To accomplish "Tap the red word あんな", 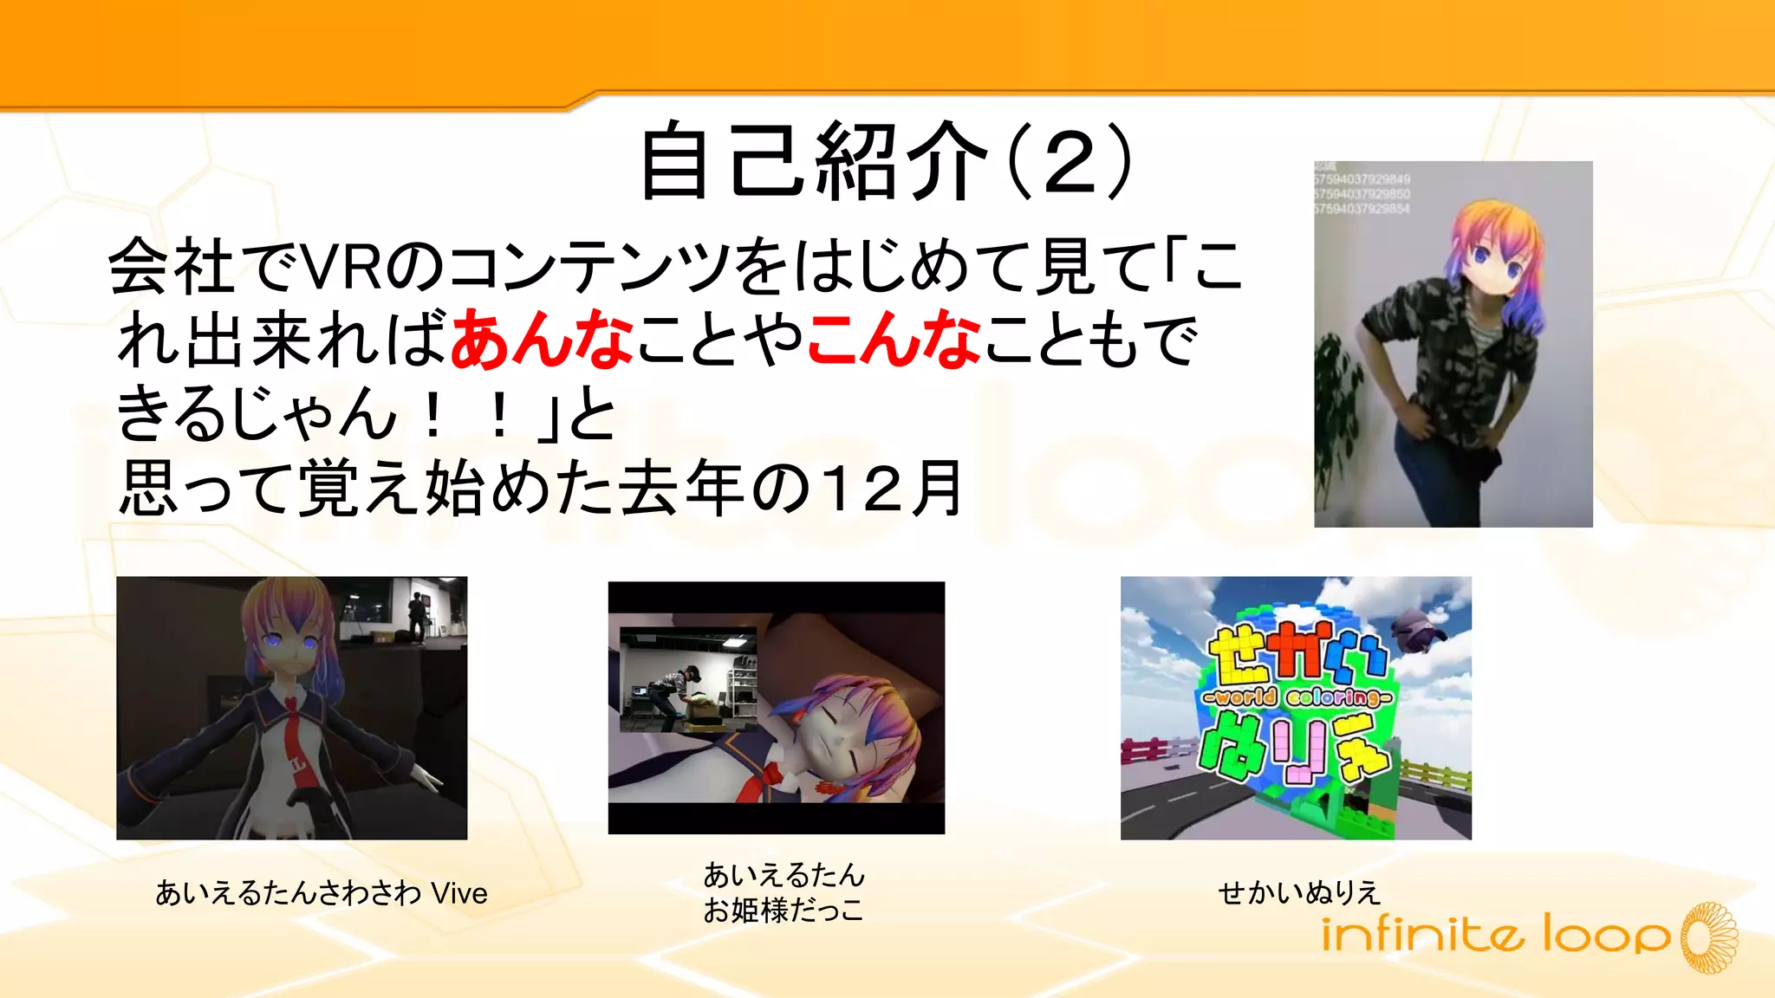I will point(542,340).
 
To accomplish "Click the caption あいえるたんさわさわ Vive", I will point(321,892).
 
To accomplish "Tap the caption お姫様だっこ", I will point(783,911).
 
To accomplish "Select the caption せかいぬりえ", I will point(1297,892).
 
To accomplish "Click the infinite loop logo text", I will point(1494,936).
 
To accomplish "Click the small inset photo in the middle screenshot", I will point(688,680).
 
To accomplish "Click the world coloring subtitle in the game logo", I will point(1297,697).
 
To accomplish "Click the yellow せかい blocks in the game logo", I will point(1297,655).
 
